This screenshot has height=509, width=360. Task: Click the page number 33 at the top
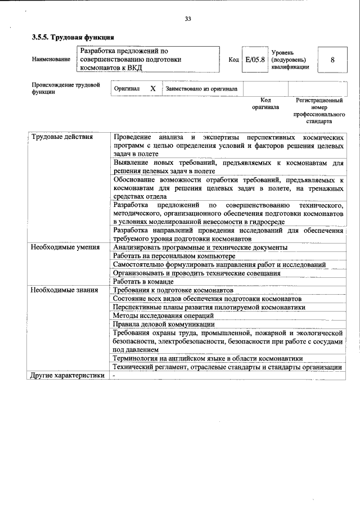188,19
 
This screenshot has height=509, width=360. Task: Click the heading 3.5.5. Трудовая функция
73,38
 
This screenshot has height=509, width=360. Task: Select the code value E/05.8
255,60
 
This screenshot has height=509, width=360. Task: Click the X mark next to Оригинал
152,89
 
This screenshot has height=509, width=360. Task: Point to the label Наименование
51,60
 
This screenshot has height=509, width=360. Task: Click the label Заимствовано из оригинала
201,89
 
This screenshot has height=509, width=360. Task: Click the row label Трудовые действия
62,137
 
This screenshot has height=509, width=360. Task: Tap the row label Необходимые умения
65,247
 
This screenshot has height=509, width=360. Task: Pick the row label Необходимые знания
65,290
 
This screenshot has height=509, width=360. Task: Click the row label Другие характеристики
67,376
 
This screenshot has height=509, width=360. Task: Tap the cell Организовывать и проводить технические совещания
196,273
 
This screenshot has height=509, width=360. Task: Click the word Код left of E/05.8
233,60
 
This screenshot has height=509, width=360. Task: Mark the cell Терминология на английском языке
208,358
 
